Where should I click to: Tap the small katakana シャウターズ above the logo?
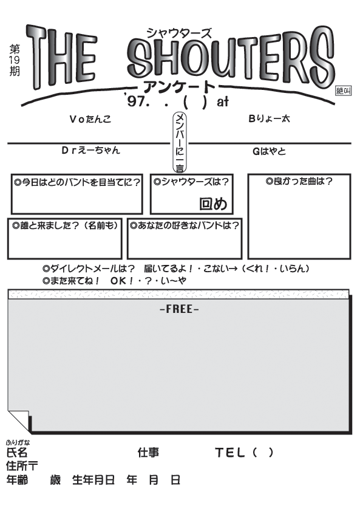[x=179, y=33]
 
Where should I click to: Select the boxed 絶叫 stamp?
[x=344, y=91]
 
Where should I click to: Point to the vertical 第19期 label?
[x=15, y=60]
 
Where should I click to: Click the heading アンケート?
[x=179, y=87]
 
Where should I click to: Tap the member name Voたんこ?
[x=90, y=119]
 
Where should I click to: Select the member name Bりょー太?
[x=269, y=118]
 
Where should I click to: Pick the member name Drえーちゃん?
[x=91, y=150]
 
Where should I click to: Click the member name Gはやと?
[x=269, y=151]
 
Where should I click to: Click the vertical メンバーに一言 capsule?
[x=180, y=142]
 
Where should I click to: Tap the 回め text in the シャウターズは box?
[x=213, y=204]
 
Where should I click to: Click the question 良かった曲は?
[x=299, y=181]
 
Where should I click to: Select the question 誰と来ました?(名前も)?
[x=65, y=225]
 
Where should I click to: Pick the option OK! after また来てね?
[x=122, y=281]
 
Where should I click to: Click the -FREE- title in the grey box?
[x=179, y=309]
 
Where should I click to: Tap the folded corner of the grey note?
[x=19, y=421]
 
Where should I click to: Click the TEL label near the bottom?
[x=230, y=452]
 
